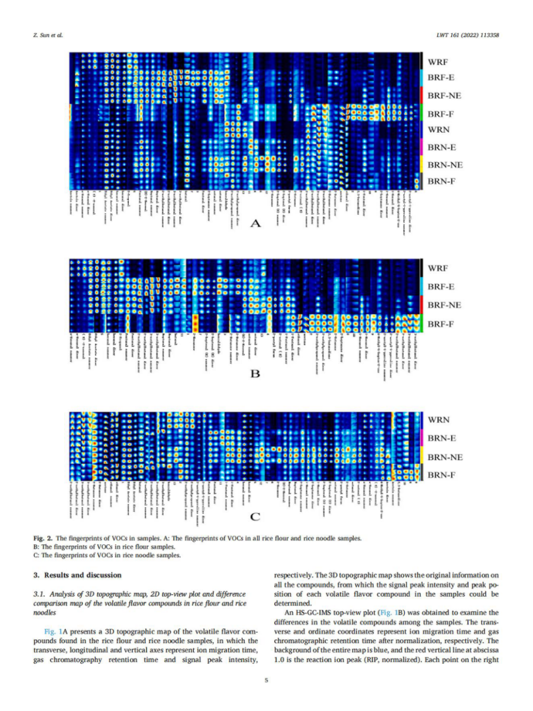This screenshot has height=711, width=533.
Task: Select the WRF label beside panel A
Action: (441, 62)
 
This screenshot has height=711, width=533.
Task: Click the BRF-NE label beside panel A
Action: (445, 96)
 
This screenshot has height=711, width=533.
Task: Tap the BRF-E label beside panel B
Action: (441, 287)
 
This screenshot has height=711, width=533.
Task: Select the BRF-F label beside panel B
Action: (441, 324)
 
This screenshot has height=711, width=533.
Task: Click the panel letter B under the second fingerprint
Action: (254, 374)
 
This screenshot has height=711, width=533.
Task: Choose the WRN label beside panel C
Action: (441, 420)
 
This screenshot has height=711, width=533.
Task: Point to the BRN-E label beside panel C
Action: (441, 439)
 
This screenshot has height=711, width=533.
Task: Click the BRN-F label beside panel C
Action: (441, 475)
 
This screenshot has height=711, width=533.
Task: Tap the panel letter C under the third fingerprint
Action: (254, 516)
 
